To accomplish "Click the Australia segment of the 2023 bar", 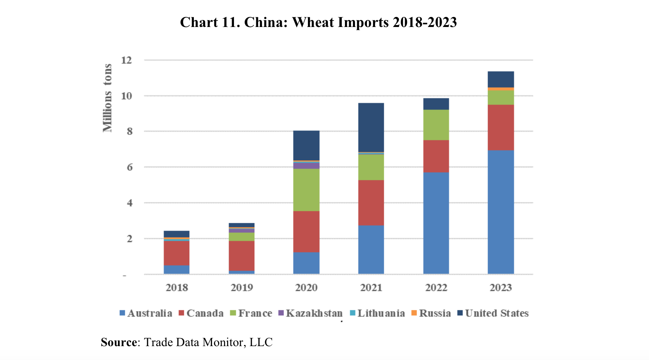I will click(501, 212).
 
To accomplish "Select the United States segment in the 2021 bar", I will click(371, 127).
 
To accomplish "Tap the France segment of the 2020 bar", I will click(306, 190).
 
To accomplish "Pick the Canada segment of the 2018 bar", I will click(177, 253).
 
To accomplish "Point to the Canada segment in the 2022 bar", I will click(436, 156).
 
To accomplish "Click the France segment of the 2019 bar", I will click(241, 237).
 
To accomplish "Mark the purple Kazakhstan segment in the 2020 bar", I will click(306, 166).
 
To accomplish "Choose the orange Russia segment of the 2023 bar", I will click(501, 89).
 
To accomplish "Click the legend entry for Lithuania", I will click(381, 313).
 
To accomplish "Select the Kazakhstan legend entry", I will click(314, 313).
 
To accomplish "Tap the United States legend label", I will click(496, 313).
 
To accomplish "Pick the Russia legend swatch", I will click(414, 313).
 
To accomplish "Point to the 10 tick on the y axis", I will click(126, 96).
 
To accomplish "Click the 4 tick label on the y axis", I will click(129, 203).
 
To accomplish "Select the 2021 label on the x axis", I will click(371, 288).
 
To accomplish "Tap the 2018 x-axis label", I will click(177, 288).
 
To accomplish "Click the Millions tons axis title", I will click(107, 98).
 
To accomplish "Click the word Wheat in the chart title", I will click(313, 22).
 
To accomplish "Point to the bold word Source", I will click(119, 342).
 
